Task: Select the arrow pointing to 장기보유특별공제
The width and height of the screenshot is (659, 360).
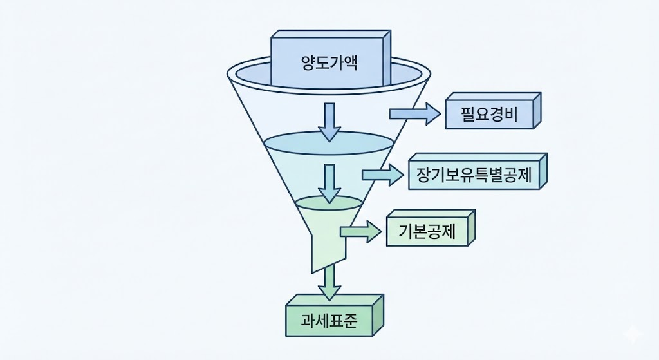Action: tap(382, 175)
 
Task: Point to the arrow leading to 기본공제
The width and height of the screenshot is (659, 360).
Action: tap(360, 232)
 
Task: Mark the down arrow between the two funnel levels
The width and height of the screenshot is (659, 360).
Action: tap(330, 182)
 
